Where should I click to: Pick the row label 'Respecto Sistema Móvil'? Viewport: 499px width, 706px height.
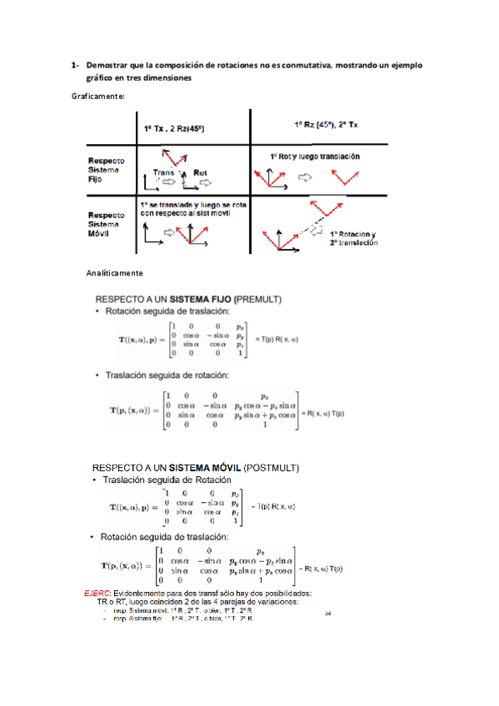(x=107, y=222)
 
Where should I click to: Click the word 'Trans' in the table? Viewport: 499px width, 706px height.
(x=163, y=172)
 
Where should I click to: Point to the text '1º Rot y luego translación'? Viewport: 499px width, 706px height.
(x=315, y=156)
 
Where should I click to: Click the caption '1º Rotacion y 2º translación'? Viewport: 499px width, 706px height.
(x=353, y=238)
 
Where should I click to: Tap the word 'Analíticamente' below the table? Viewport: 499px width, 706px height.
(x=115, y=273)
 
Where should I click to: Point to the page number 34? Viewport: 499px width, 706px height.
(x=327, y=614)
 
